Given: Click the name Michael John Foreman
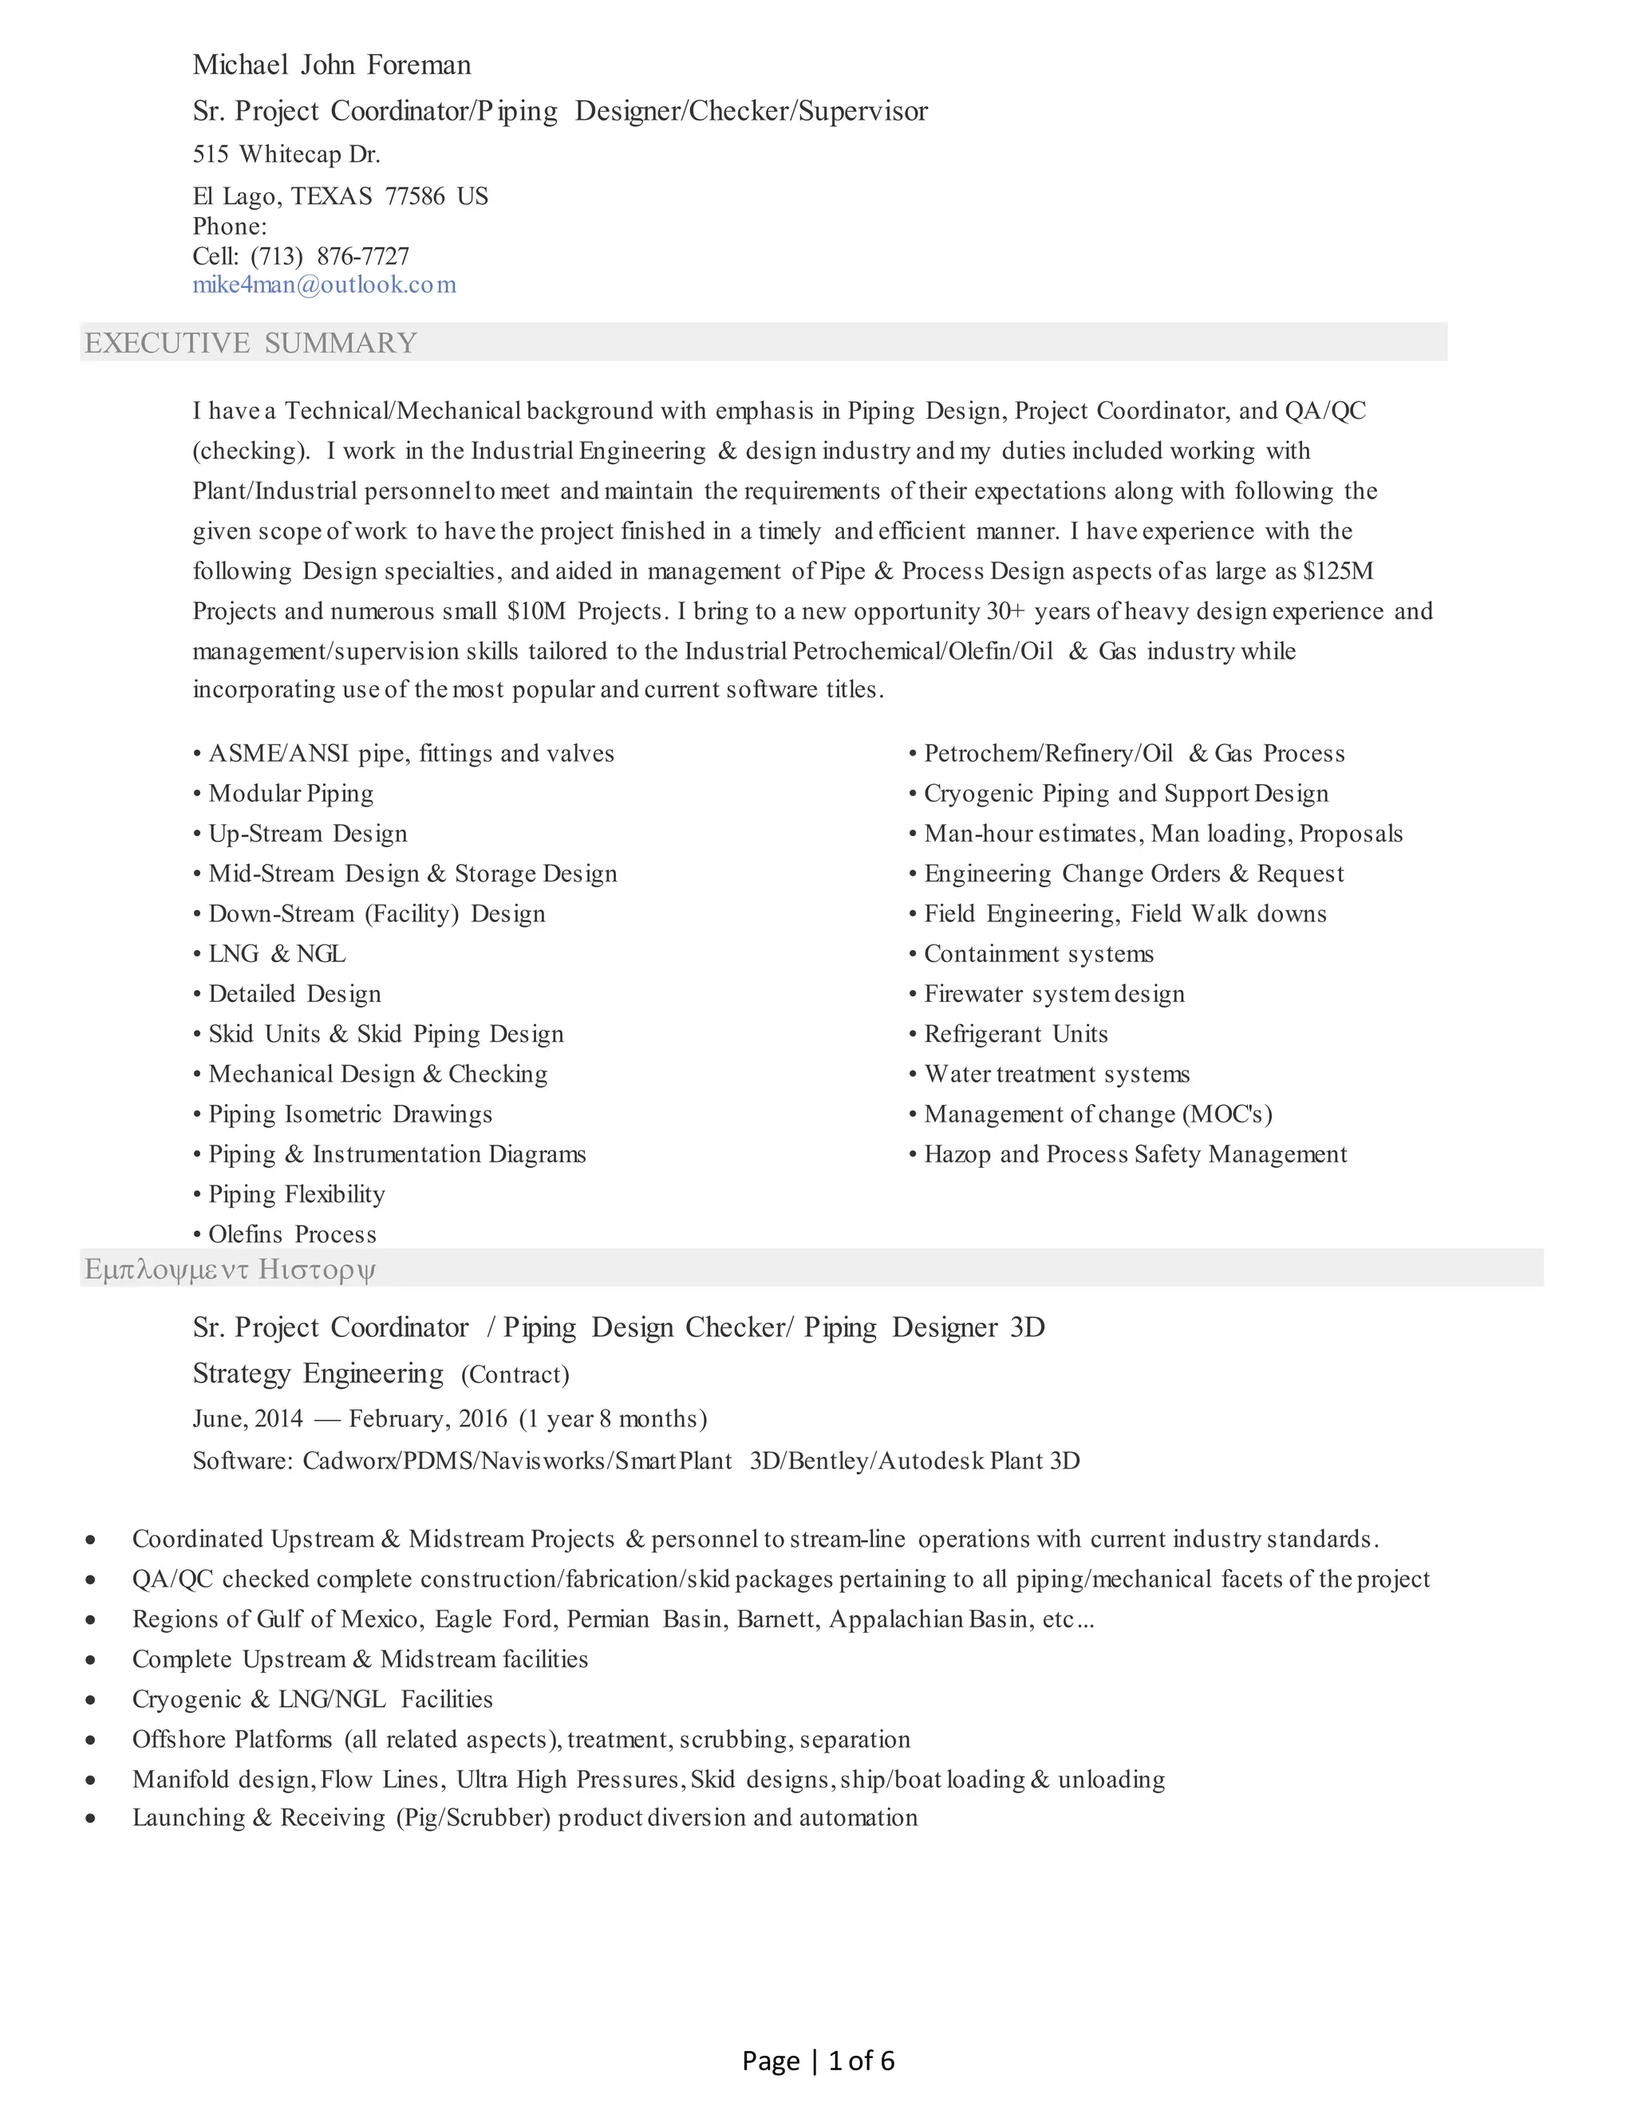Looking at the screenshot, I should pos(331,65).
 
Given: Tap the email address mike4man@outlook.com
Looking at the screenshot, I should pos(323,285).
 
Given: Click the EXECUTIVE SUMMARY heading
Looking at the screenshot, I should pos(251,343).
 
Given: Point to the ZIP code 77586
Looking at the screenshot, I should pos(414,196).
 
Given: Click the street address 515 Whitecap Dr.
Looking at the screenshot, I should pos(286,154).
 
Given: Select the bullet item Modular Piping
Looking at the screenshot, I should pos(290,794).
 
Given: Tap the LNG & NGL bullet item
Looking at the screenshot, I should pos(277,953).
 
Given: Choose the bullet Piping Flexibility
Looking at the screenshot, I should pos(296,1194).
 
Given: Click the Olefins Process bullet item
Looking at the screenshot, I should pos(292,1234).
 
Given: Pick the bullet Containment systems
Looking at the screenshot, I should pos(1038,953).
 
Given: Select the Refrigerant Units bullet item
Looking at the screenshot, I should pos(1016,1034).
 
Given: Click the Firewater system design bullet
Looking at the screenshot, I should pos(1053,994).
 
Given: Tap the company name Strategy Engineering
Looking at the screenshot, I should pos(318,1374).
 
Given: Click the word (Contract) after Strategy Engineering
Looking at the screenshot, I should pos(515,1374).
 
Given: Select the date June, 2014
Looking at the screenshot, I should pos(248,1419).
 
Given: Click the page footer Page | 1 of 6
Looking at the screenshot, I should pos(818,2061).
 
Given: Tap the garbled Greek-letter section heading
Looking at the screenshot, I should pos(231,1269).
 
